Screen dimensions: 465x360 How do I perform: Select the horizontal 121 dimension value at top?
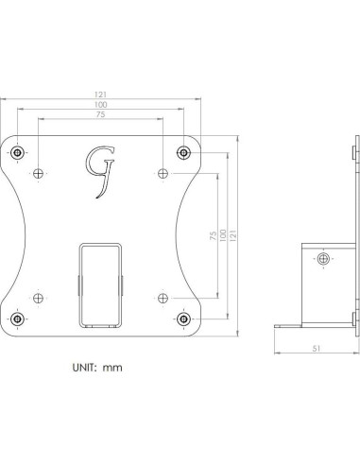pyautogui.click(x=100, y=95)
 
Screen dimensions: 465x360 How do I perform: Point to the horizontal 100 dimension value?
pyautogui.click(x=100, y=105)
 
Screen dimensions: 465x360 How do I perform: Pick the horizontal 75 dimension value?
pyautogui.click(x=100, y=115)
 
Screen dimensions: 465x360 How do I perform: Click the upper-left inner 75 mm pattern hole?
pyautogui.click(x=38, y=172)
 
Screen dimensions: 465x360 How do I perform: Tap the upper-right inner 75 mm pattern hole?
pyautogui.click(x=163, y=172)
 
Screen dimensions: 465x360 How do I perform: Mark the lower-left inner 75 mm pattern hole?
pyautogui.click(x=38, y=298)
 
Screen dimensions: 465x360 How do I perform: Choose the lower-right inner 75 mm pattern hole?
pyautogui.click(x=163, y=298)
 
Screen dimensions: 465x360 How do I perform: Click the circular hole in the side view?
pyautogui.click(x=324, y=258)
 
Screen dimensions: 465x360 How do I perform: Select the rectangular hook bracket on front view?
pyautogui.click(x=100, y=284)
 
